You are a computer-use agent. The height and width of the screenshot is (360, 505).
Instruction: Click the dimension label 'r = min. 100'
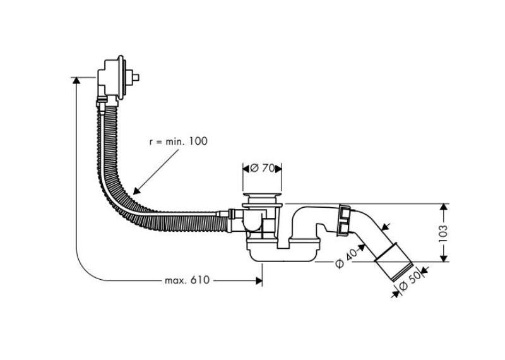point(179,141)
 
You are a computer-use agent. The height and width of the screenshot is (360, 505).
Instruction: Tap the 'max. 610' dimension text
point(187,280)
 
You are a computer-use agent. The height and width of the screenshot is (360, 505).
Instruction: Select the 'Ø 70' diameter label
point(262,168)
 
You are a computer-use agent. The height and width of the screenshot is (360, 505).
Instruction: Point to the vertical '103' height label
point(443,234)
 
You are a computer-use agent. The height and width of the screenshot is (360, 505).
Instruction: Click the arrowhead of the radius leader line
point(136,191)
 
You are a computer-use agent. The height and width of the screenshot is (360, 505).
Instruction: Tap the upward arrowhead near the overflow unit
point(76,81)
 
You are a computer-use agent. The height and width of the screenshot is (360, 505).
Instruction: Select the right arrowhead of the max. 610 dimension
point(259,280)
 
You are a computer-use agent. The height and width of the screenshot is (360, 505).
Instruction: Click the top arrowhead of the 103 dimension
point(444,208)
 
